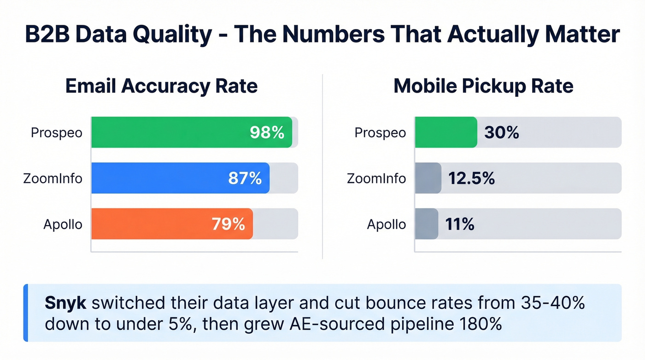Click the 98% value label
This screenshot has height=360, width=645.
(x=267, y=133)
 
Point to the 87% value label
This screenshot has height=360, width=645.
(x=245, y=178)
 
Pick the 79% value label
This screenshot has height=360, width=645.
(x=228, y=224)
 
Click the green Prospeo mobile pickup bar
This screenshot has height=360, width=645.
(x=446, y=132)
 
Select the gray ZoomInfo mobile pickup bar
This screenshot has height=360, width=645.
(x=428, y=178)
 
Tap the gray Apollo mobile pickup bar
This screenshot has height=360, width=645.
(x=426, y=224)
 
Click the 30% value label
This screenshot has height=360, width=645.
(x=502, y=133)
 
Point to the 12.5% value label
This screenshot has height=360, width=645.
(x=472, y=178)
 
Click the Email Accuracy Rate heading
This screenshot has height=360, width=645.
(x=161, y=86)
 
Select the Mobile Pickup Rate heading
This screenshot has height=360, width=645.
(x=483, y=86)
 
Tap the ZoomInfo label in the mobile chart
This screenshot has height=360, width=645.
(x=376, y=178)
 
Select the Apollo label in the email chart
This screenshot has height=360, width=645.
(x=63, y=224)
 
